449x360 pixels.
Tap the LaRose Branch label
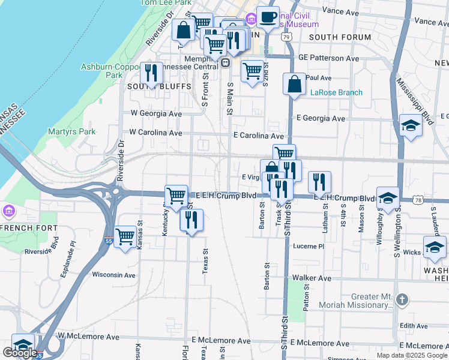[x=336, y=92]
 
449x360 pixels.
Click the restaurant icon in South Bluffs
[x=151, y=73]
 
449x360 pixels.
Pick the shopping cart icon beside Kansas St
[x=125, y=237]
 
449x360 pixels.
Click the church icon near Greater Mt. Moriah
[x=402, y=298]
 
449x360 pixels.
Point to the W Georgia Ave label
[x=156, y=113]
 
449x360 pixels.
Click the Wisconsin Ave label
[x=113, y=275]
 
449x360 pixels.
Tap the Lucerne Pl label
[x=309, y=246]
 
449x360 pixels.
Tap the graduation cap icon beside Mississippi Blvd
[x=411, y=127]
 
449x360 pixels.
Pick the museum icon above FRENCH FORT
[x=8, y=211]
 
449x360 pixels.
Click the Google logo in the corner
[x=20, y=352]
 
